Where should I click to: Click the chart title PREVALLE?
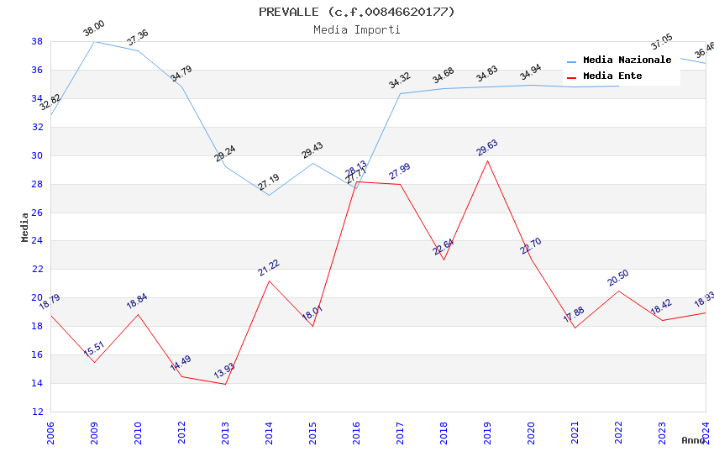[356, 12]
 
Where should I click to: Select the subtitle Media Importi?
[356, 29]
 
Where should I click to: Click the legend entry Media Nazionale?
[627, 60]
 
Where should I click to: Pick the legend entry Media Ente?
[612, 76]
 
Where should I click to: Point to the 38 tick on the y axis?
[37, 41]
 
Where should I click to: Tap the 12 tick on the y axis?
[37, 412]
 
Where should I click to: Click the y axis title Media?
[25, 227]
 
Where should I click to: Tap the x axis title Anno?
[693, 440]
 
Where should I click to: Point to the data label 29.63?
[487, 149]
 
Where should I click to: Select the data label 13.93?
[224, 372]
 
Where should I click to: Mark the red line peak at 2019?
[487, 160]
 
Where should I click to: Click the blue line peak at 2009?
[94, 41]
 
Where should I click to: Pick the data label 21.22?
[269, 268]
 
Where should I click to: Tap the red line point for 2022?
[618, 291]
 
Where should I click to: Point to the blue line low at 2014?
[269, 196]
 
